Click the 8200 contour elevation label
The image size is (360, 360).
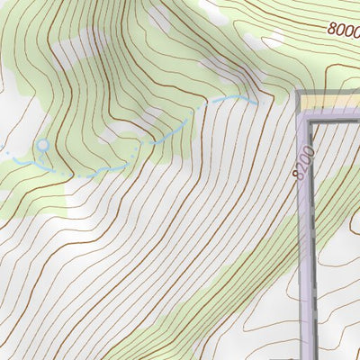click(303, 163)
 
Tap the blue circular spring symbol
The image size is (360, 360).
click(42, 145)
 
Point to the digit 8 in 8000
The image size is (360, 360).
click(332, 27)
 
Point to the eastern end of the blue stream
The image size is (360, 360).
click(256, 102)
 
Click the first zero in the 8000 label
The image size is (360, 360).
click(340, 29)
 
